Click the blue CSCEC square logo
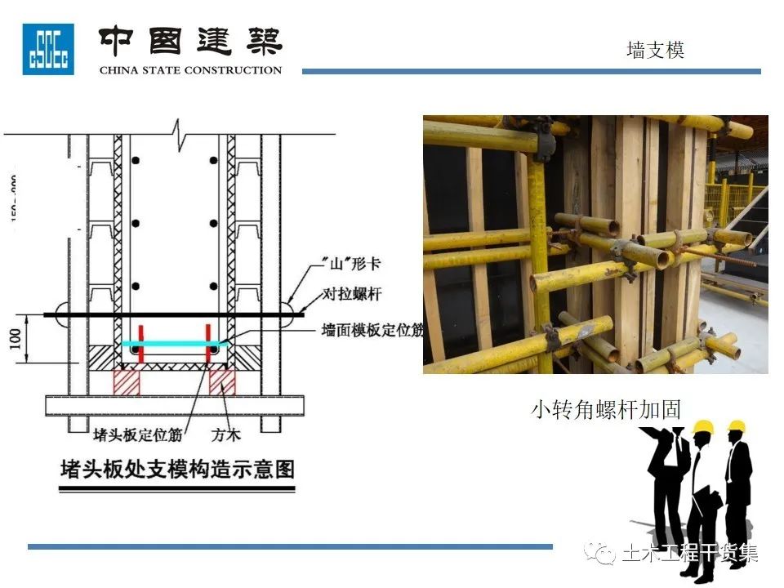(48, 49)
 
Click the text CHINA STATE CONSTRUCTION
(190, 70)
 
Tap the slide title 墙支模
(655, 50)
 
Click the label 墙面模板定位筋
(372, 330)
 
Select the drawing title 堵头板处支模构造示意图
(177, 470)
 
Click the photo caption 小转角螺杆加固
(606, 408)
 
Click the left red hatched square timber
(127, 381)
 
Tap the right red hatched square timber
(222, 381)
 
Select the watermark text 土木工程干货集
(690, 554)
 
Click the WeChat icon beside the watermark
(606, 555)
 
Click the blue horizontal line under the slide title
(531, 71)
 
